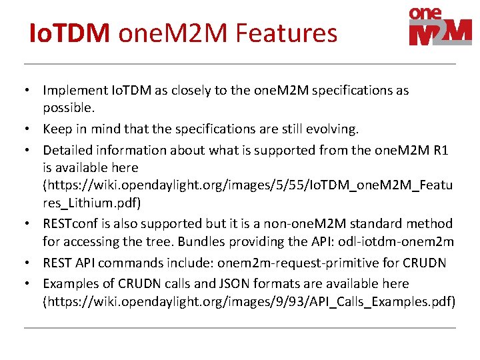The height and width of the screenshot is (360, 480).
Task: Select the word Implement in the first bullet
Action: point(74,90)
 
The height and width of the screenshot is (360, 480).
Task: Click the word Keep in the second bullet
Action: point(57,128)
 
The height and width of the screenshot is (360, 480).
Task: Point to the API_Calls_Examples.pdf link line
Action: point(249,301)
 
